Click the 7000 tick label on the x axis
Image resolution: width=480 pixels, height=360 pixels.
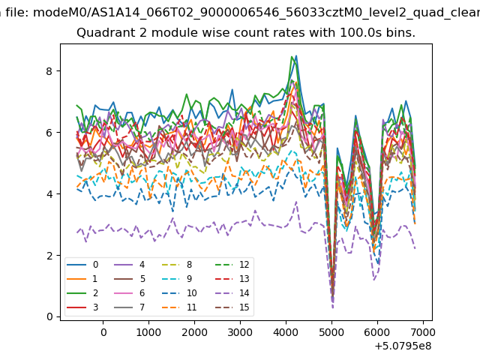coord(422,331)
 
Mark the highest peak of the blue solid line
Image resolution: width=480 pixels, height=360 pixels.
coord(296,55)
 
